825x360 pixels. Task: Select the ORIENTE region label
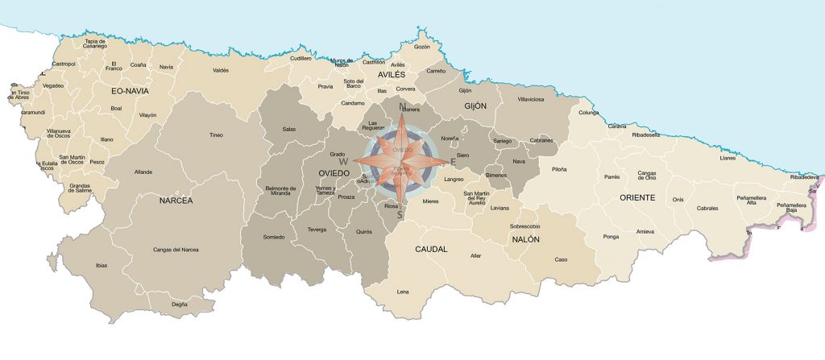pos(637,197)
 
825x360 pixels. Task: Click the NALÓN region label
pos(525,239)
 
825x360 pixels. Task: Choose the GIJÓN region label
pos(476,106)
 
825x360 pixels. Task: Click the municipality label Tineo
pos(215,134)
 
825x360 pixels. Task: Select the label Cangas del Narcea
pos(176,250)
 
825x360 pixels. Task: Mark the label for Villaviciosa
pos(532,99)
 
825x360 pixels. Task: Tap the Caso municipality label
pos(561,259)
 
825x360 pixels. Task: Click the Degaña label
pos(180,304)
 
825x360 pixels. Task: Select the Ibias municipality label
pos(101,265)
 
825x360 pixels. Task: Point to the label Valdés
pos(220,70)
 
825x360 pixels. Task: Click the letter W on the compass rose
pos(342,161)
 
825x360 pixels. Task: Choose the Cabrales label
pos(707,208)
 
